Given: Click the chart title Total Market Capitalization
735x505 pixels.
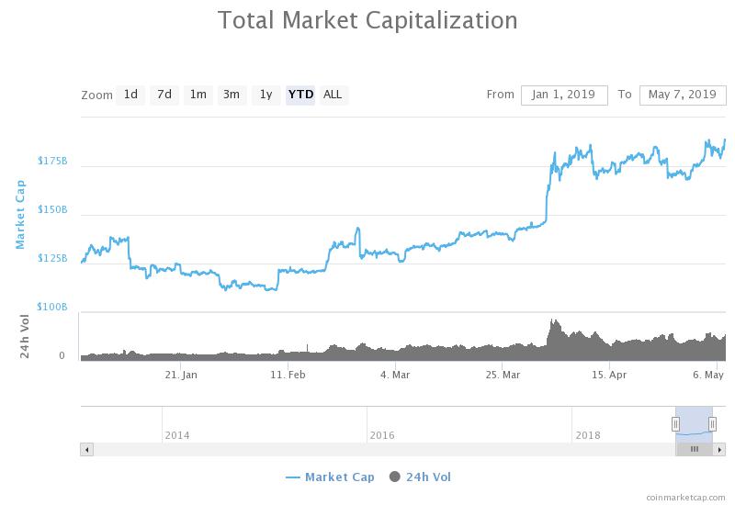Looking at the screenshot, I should point(367,20).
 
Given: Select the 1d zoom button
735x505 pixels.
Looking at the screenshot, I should point(130,95).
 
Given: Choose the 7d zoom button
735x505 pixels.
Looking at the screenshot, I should point(164,95).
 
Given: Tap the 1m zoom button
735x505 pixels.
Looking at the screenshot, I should point(198,95).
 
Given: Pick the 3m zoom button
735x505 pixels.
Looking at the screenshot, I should point(232,95).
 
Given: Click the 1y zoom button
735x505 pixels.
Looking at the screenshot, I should point(266,95).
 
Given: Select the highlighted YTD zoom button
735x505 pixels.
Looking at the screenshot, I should point(300,95).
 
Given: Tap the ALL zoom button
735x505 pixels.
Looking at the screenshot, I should point(333,95).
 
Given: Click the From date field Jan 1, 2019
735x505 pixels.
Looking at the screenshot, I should point(564,95).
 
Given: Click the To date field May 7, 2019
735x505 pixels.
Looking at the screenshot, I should point(682,95).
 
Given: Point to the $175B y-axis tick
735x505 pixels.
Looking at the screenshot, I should point(52,161).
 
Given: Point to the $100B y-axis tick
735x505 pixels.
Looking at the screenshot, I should point(52,307).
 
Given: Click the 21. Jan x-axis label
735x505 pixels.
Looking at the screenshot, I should point(181,375).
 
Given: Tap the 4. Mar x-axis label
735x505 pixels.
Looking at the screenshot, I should point(395,375).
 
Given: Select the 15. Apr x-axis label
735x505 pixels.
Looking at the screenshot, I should point(609,375).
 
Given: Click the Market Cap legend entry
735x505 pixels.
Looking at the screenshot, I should point(330,477).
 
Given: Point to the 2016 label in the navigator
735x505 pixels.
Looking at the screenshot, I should point(382,435).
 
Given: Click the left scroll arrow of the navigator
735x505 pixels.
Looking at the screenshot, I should point(87,450).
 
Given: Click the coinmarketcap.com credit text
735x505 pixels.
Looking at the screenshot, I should point(685,497).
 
